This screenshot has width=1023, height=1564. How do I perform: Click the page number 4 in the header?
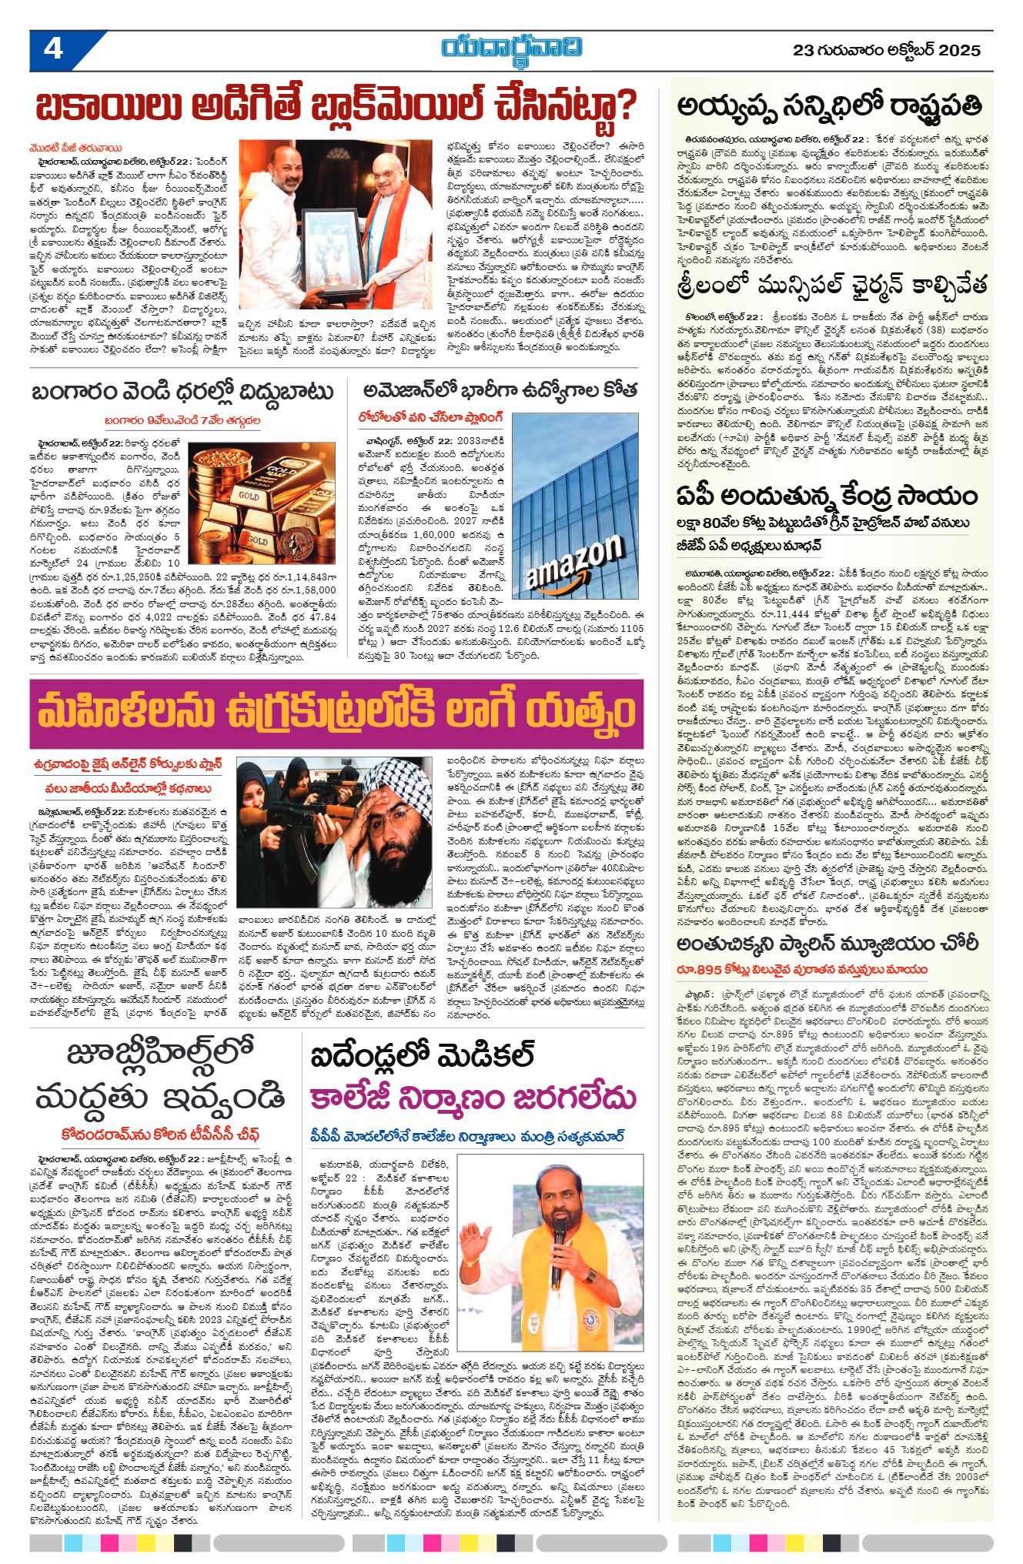pyautogui.click(x=53, y=49)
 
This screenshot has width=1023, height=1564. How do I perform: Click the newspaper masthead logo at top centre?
pyautogui.click(x=512, y=48)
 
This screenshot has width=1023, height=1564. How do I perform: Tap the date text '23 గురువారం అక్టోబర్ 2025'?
pyautogui.click(x=887, y=51)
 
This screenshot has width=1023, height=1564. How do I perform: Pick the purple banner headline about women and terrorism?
pyautogui.click(x=337, y=715)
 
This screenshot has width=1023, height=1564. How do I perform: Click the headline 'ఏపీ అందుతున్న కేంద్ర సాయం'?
pyautogui.click(x=827, y=495)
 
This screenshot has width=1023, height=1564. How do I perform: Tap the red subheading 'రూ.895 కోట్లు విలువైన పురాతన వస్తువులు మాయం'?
pyautogui.click(x=802, y=969)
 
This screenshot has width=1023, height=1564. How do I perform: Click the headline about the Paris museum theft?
pyautogui.click(x=827, y=944)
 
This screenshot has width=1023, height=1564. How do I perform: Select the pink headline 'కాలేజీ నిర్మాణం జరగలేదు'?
pyautogui.click(x=473, y=1097)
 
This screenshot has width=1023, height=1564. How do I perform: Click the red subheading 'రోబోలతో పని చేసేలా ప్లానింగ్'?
pyautogui.click(x=430, y=417)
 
